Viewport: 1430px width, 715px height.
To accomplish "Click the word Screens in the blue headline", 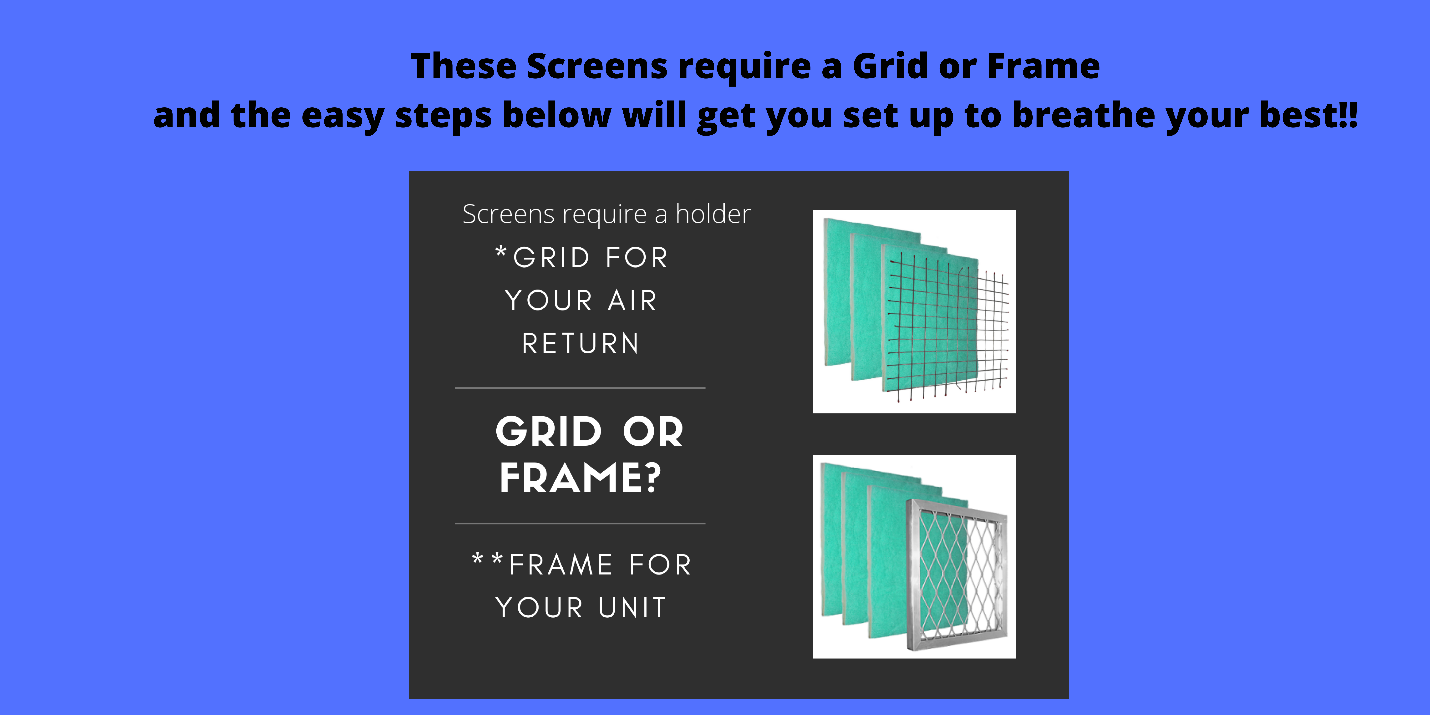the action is pos(597,66).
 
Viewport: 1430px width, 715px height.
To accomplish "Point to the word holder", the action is pos(713,214).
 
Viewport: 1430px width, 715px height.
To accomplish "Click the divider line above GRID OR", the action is pos(580,388).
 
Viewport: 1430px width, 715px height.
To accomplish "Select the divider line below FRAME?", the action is pos(580,523).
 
